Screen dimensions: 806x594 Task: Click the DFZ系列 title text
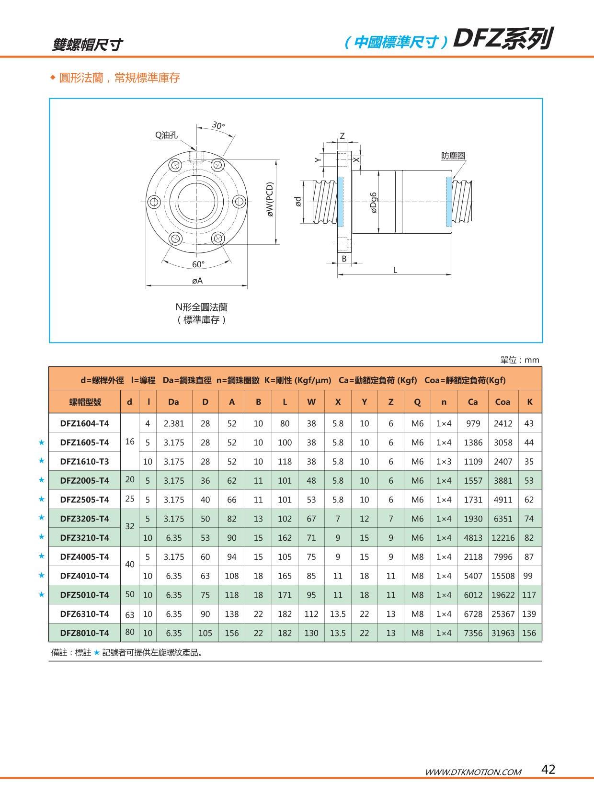pos(503,39)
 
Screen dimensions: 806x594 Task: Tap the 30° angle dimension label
pos(218,125)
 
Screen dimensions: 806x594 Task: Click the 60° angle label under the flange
pos(198,264)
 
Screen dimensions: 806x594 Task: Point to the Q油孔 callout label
pos(166,136)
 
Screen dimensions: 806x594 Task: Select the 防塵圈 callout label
pos(453,156)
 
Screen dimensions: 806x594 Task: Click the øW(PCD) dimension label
pos(270,199)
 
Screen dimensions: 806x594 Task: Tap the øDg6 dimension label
pos(374,202)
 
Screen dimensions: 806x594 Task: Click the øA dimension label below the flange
pos(197,281)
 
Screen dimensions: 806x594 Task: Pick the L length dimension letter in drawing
pos(395,270)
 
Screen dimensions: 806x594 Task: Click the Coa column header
pos(503,402)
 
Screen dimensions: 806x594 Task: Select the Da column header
pos(173,402)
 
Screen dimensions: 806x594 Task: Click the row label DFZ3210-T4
pos(85,538)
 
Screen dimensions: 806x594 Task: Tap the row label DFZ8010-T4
pos(85,633)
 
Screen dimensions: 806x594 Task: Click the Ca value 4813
pos(473,538)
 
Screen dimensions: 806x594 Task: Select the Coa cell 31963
pos(503,633)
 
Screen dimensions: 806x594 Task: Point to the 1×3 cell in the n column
pos(444,462)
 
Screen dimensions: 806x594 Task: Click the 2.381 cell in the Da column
pos(173,423)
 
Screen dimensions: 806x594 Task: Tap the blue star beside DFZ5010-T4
pos(41,595)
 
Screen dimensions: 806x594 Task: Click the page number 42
pos(548,769)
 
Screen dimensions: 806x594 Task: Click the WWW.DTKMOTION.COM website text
pos(473,772)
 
